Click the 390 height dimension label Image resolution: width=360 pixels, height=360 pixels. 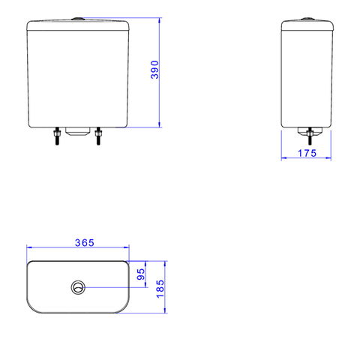[154, 70]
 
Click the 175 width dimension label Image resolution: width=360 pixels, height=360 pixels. [307, 153]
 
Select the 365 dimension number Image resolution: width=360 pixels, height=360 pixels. [85, 243]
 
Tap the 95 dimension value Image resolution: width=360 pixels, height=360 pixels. [141, 274]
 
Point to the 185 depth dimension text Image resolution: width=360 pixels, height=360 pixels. [160, 289]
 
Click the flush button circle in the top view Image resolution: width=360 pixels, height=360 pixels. [78, 287]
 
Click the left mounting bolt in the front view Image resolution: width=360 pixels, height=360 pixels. [57, 136]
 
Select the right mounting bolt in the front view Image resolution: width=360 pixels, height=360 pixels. [98, 136]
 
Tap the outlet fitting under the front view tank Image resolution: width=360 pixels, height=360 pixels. [78, 131]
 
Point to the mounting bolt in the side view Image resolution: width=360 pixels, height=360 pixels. [310, 136]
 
